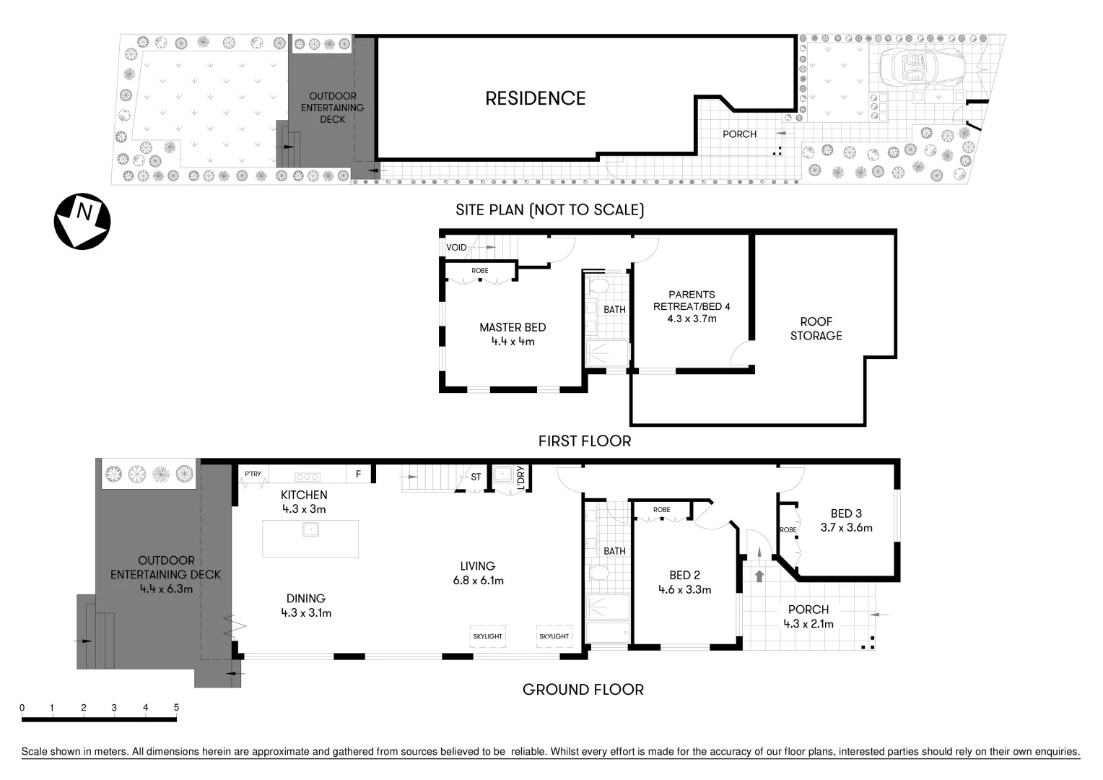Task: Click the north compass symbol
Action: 82,221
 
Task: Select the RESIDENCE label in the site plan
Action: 535,99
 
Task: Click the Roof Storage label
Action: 816,329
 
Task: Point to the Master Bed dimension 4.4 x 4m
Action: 513,342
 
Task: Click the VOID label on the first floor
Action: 456,248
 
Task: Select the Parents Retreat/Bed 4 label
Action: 692,300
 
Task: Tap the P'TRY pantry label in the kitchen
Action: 253,474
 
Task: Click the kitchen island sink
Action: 310,530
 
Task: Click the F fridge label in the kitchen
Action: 358,474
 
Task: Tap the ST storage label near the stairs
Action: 476,477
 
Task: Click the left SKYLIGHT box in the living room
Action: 487,636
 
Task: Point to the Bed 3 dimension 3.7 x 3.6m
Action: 846,528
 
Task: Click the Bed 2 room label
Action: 684,576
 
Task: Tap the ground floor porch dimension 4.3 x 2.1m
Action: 808,624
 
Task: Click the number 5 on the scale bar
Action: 176,708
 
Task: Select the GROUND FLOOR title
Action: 583,690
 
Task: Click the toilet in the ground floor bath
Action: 598,573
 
